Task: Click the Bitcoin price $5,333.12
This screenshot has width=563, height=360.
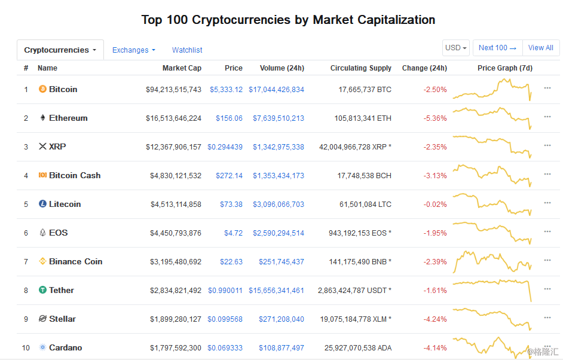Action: pyautogui.click(x=226, y=90)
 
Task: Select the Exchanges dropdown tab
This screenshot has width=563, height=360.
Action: pyautogui.click(x=133, y=50)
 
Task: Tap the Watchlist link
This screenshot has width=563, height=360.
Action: pyautogui.click(x=187, y=50)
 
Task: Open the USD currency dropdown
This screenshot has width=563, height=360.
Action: pyautogui.click(x=456, y=48)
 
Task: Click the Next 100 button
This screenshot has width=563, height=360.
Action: pyautogui.click(x=498, y=48)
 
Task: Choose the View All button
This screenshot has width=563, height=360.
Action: pyautogui.click(x=541, y=48)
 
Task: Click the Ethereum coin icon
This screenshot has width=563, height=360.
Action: pyautogui.click(x=42, y=118)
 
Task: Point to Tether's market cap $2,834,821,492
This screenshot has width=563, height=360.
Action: pyautogui.click(x=176, y=290)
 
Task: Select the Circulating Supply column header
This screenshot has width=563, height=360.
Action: pyautogui.click(x=361, y=68)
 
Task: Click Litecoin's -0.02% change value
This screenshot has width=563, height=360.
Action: pyautogui.click(x=435, y=205)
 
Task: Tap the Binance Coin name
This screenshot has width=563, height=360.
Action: pyautogui.click(x=76, y=261)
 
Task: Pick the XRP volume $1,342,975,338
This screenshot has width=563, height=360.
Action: pyautogui.click(x=279, y=147)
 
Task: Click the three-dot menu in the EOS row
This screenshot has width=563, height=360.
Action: pyautogui.click(x=547, y=232)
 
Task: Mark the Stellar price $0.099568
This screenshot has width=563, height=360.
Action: pyautogui.click(x=225, y=319)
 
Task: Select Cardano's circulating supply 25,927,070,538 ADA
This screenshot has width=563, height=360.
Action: pyautogui.click(x=358, y=348)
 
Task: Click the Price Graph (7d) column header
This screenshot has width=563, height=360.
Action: pyautogui.click(x=505, y=68)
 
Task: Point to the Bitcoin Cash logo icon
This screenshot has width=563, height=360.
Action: pyautogui.click(x=42, y=175)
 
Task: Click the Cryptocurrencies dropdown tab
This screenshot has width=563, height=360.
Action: pyautogui.click(x=60, y=50)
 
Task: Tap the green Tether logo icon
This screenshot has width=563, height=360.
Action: pyautogui.click(x=42, y=290)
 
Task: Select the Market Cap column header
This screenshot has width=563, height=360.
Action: pyautogui.click(x=182, y=68)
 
